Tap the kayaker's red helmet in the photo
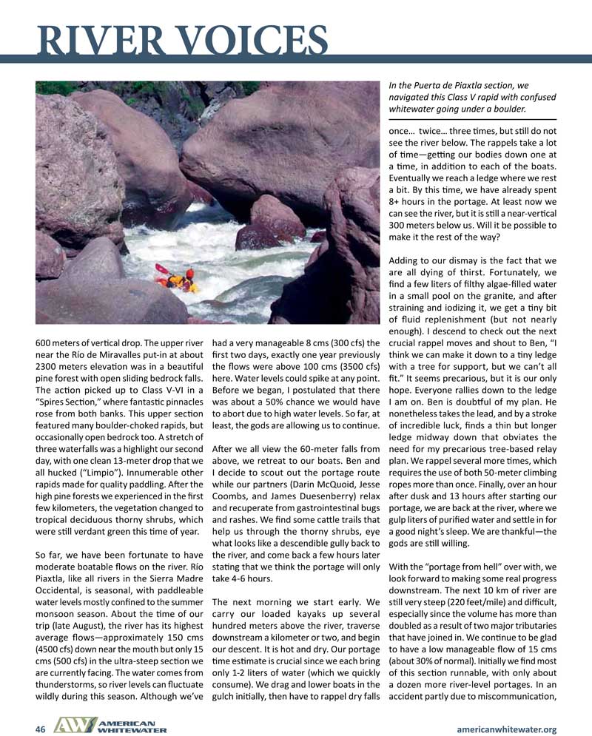click(x=189, y=273)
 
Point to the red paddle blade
click(x=161, y=268)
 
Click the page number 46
click(x=40, y=729)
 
